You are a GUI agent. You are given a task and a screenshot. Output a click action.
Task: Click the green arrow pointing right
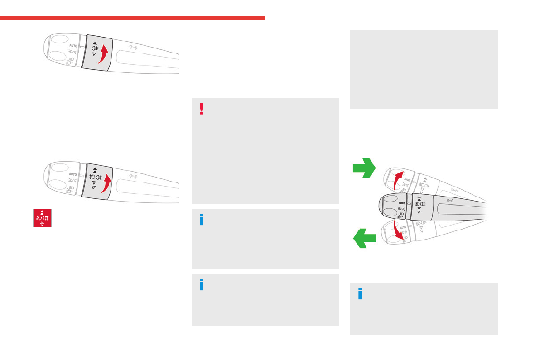[364, 168]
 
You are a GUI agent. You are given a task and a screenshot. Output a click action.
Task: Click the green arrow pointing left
[364, 238]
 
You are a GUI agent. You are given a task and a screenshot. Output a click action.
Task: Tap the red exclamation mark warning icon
[202, 109]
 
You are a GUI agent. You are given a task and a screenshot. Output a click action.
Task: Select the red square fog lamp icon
[43, 218]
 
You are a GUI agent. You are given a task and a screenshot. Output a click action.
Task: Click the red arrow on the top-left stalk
[103, 54]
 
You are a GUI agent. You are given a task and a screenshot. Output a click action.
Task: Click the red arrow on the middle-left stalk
[106, 183]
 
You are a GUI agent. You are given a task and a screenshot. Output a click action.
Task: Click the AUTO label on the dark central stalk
[401, 203]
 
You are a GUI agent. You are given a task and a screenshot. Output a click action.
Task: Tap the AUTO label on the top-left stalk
[73, 45]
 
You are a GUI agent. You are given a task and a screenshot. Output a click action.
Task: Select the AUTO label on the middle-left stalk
[73, 174]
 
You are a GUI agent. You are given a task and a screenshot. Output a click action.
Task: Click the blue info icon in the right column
[360, 293]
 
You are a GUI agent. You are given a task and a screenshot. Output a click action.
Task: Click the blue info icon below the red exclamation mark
[202, 219]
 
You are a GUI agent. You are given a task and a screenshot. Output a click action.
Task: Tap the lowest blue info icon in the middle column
[202, 285]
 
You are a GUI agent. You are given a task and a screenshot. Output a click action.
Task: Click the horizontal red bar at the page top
[133, 18]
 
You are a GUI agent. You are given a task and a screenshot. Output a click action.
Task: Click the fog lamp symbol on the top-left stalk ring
[95, 48]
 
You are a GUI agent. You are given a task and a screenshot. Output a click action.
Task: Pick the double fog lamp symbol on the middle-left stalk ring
[96, 177]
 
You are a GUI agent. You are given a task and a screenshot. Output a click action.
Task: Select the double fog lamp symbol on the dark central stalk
[420, 204]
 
